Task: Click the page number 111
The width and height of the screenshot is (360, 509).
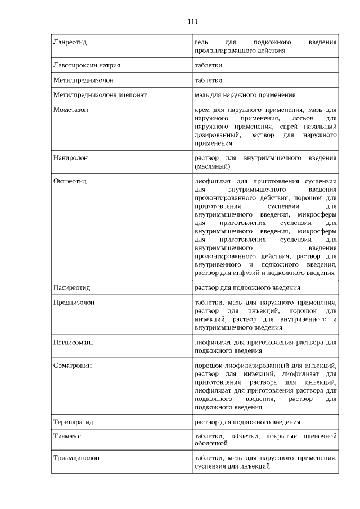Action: [192, 22]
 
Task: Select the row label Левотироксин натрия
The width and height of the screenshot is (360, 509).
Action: [86, 65]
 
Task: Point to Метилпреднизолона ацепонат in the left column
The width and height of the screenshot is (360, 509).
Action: [100, 96]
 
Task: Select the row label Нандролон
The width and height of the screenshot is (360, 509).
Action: [70, 159]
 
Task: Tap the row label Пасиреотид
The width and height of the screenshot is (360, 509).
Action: [71, 287]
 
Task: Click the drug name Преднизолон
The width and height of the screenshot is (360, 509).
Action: [74, 303]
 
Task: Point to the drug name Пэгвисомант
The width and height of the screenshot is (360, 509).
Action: [73, 342]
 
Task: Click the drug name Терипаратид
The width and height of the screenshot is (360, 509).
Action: [73, 421]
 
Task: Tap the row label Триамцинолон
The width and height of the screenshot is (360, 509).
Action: [76, 458]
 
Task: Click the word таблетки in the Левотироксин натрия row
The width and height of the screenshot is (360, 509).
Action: [208, 65]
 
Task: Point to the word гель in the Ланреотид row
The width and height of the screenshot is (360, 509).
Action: [201, 42]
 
